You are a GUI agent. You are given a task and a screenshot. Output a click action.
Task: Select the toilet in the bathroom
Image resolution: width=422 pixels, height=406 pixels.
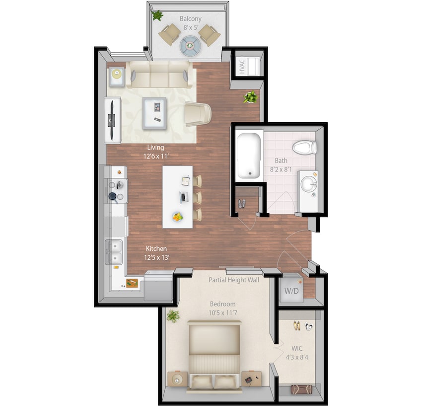[x=304, y=147]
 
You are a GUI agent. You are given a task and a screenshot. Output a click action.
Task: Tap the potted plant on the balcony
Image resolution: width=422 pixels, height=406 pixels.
[x=157, y=16]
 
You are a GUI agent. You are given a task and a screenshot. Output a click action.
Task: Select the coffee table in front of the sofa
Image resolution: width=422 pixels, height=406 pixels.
[x=154, y=113]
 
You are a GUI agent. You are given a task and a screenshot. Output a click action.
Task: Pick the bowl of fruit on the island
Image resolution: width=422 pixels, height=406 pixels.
[x=177, y=217]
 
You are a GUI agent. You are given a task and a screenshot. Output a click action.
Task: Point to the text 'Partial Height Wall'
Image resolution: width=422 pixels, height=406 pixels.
[x=234, y=280]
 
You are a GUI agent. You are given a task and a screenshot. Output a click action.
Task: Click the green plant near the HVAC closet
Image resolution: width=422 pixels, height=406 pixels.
[x=250, y=97]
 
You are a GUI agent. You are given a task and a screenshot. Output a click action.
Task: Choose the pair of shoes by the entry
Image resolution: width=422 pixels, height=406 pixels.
[x=242, y=203]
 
